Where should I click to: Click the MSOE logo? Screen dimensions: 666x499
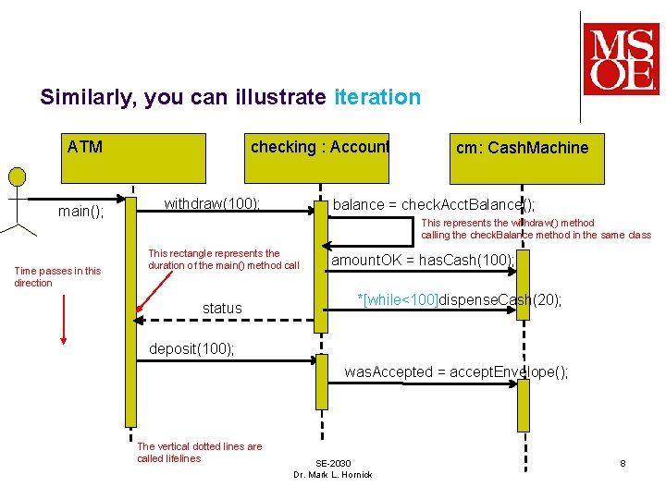coord(621,60)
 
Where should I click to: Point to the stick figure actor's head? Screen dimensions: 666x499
coord(16,176)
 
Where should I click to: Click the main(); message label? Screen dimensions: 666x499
coord(81,212)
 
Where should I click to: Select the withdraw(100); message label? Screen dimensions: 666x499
coord(212,203)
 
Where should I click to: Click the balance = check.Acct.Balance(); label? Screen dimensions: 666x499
coord(433,204)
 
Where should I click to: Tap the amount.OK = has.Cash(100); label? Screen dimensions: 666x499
coord(422,261)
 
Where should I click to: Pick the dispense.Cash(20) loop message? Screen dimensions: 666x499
coord(460,300)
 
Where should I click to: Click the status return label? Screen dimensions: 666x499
coord(222,309)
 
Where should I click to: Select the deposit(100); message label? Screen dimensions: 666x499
coord(192,349)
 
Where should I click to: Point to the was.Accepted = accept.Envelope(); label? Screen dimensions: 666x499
coord(456,372)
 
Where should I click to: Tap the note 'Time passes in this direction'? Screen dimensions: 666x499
coord(57,277)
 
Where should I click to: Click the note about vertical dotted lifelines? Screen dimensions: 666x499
coord(199,453)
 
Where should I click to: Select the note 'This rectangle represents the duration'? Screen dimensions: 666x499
coord(223,260)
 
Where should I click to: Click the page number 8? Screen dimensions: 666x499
coord(623,463)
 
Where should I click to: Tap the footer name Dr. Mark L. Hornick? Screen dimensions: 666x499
coord(332,475)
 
